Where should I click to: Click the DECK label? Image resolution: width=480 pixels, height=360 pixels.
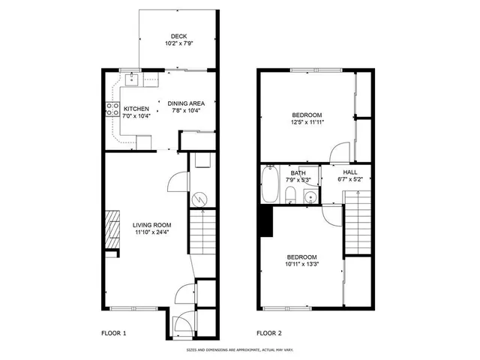click(x=178, y=36)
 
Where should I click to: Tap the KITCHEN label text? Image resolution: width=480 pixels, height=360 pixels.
click(x=136, y=107)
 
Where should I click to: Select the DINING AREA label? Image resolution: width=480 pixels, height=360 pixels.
click(x=187, y=103)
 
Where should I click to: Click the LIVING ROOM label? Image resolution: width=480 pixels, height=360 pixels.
click(x=152, y=225)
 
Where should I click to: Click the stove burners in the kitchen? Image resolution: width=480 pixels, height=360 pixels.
click(x=109, y=108)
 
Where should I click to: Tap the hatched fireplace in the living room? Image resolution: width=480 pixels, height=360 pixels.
click(x=112, y=229)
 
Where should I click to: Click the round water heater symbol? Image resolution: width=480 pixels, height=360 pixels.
click(x=200, y=199)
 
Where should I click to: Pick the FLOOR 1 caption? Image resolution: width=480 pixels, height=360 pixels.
click(x=114, y=332)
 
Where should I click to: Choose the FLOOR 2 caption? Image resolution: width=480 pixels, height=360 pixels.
click(x=269, y=332)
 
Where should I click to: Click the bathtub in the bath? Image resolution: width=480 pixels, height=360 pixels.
click(x=269, y=186)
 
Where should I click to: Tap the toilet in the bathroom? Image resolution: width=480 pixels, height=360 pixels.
click(x=290, y=196)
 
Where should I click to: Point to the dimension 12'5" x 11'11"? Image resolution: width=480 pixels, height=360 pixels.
click(x=307, y=123)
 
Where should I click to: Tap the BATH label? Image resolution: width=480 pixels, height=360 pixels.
click(x=297, y=172)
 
